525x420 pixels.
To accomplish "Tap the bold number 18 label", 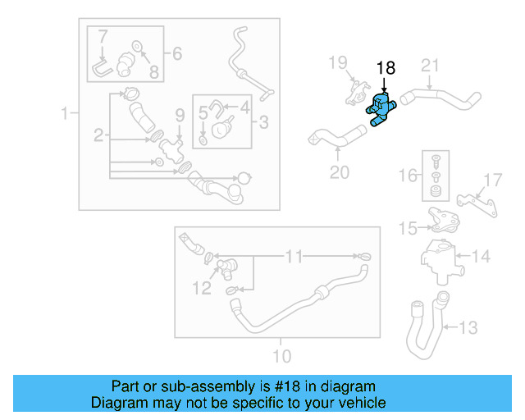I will click(x=385, y=69).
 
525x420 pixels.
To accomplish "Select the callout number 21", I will click(x=431, y=66).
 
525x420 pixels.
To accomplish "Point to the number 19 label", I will click(x=339, y=62).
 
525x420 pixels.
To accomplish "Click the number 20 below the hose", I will click(x=339, y=172).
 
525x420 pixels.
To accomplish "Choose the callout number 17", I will click(x=491, y=180).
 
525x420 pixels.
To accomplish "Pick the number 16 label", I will click(x=408, y=175).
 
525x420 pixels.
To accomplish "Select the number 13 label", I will click(x=466, y=329).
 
